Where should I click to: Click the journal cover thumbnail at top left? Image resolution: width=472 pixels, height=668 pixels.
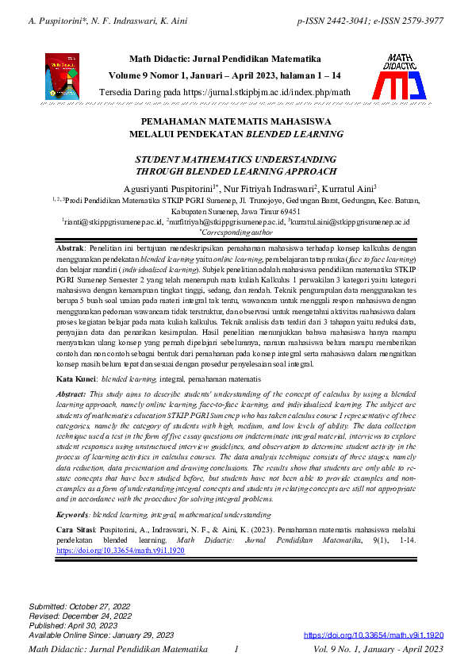[x=62, y=76]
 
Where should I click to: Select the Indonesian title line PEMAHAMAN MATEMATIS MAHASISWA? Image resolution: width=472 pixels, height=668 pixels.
[x=236, y=122]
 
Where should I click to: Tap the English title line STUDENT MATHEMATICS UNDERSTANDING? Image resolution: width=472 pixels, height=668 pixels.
[x=236, y=159]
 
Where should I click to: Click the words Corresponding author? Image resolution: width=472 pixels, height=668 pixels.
[x=236, y=233]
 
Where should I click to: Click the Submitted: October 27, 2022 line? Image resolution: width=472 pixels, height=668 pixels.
[x=80, y=606]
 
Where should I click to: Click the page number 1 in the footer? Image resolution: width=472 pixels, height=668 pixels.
[x=236, y=650]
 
